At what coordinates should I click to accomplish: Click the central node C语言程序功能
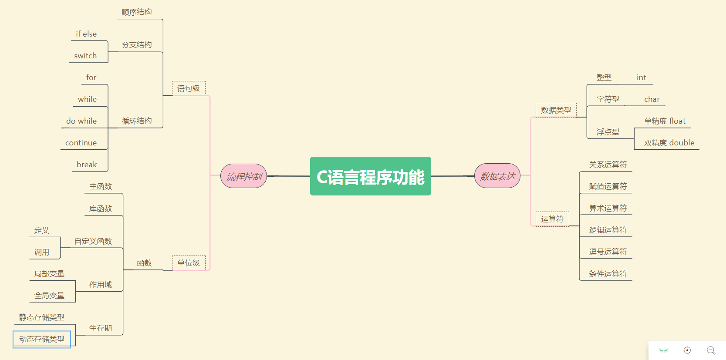tap(370, 176)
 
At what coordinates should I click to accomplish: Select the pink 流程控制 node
tap(244, 176)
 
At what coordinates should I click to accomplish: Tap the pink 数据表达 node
tap(497, 176)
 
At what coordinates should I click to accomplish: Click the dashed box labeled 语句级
tap(189, 88)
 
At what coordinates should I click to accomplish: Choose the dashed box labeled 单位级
tap(189, 263)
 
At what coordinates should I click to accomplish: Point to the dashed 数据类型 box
tap(556, 110)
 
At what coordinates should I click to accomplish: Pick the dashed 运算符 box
tap(552, 219)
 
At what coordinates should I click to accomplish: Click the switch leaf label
tap(85, 56)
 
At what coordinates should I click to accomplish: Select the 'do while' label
tap(81, 121)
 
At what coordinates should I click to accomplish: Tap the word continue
tap(81, 143)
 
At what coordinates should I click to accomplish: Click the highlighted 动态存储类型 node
tap(42, 339)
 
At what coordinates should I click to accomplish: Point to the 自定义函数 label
tap(93, 241)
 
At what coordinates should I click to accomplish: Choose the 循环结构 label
tap(137, 121)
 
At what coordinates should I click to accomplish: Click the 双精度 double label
tap(669, 143)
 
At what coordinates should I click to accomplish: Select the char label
tap(652, 99)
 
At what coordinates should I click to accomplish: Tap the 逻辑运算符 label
tap(608, 230)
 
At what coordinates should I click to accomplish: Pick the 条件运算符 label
tap(608, 274)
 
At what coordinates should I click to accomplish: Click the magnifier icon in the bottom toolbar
tap(711, 350)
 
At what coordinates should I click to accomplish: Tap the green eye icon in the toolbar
tap(663, 350)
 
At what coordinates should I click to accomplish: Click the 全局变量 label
tap(50, 296)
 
